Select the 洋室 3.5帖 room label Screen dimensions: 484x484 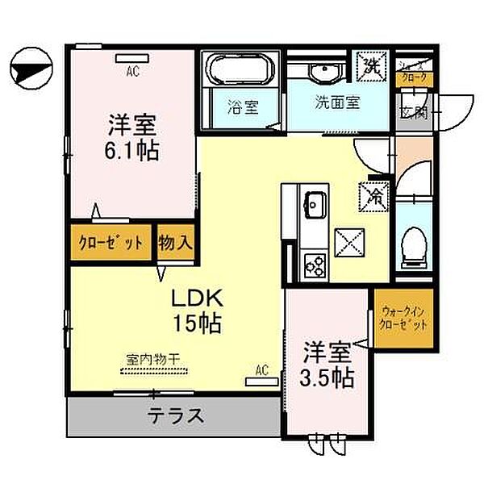pyautogui.click(x=328, y=364)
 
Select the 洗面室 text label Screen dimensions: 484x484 pyautogui.click(x=336, y=103)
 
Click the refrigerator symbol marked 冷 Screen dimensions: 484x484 pyautogui.click(x=375, y=194)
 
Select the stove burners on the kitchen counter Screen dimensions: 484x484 pyautogui.click(x=313, y=262)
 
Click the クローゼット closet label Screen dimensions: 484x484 pyautogui.click(x=111, y=243)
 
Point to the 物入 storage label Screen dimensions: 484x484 pyautogui.click(x=175, y=243)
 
